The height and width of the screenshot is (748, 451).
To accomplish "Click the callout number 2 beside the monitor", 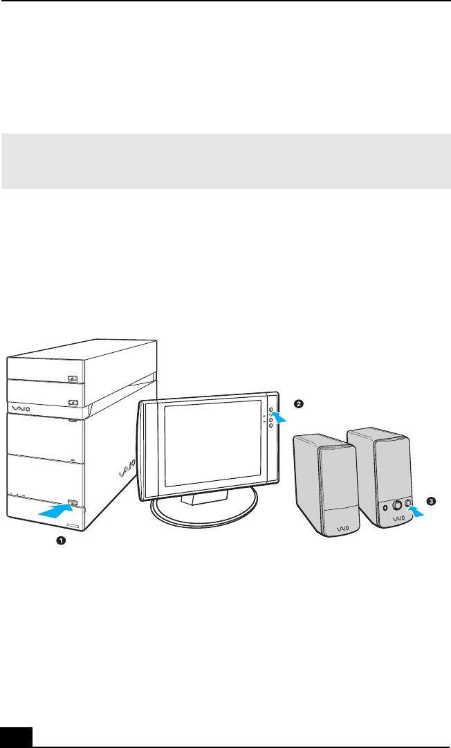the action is tap(298, 403).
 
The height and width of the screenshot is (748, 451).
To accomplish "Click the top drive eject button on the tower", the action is tap(73, 378).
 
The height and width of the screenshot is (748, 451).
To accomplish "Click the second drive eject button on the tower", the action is tap(73, 401).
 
